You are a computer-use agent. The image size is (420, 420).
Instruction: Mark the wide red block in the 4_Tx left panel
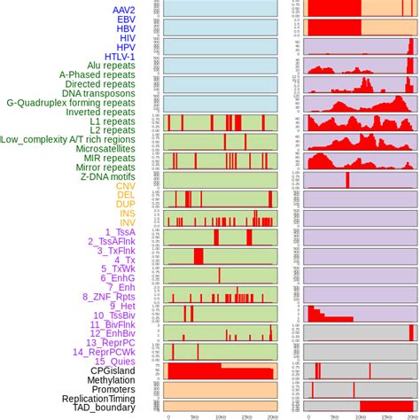(x=198, y=256)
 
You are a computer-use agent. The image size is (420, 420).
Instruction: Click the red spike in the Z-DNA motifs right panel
(x=347, y=180)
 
